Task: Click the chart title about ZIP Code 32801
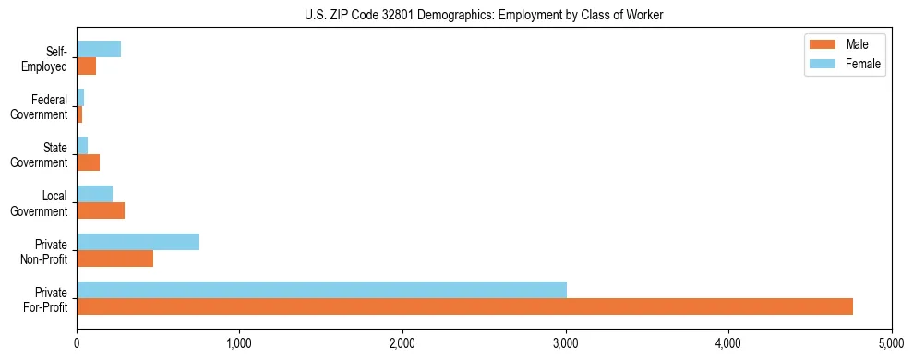484,15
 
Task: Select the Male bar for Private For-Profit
464,306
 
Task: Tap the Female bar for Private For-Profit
321,289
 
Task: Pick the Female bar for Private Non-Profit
138,242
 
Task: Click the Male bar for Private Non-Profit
114,258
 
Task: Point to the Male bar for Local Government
101,210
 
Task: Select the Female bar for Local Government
94,193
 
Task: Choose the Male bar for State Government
88,162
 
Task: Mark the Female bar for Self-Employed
99,49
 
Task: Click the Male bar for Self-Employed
86,66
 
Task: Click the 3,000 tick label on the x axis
565,342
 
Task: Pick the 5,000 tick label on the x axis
891,342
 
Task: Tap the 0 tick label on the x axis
77,342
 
